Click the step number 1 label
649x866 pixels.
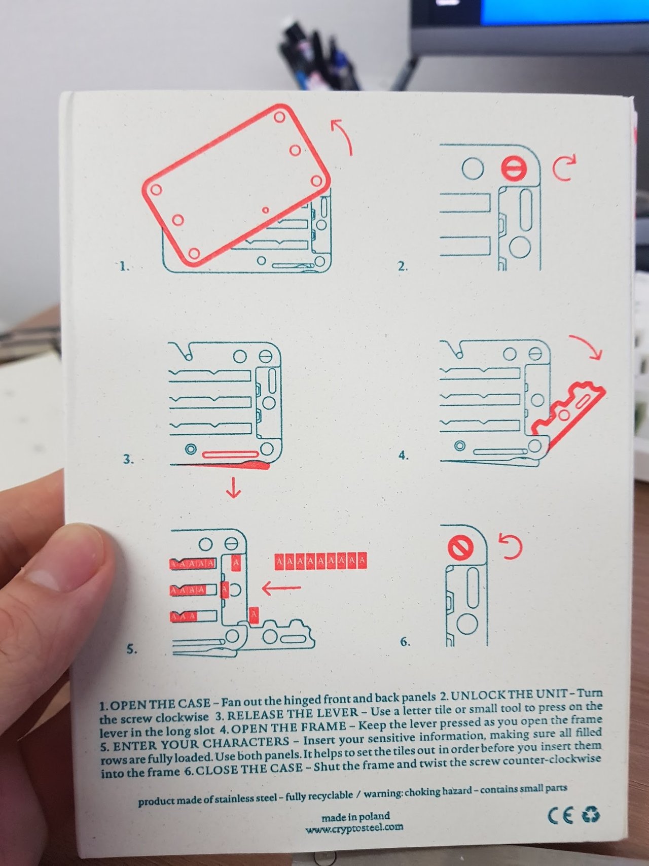(124, 266)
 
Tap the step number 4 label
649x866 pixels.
(404, 455)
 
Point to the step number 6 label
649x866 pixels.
(405, 642)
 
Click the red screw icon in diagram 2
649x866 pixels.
(514, 168)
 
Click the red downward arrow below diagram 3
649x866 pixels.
(234, 488)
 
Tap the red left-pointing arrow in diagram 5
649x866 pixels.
(281, 588)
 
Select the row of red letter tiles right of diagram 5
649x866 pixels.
(320, 562)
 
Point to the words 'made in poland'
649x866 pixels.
(355, 817)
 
